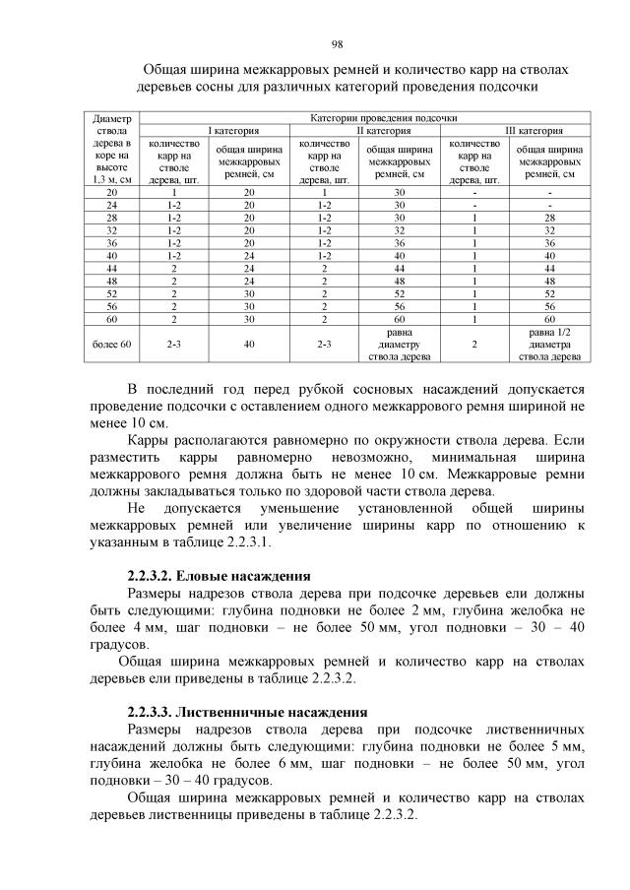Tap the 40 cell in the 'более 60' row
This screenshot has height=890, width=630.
pyautogui.click(x=249, y=346)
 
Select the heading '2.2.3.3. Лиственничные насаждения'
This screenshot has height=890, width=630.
pyautogui.click(x=247, y=711)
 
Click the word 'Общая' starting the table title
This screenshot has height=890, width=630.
pyautogui.click(x=167, y=71)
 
